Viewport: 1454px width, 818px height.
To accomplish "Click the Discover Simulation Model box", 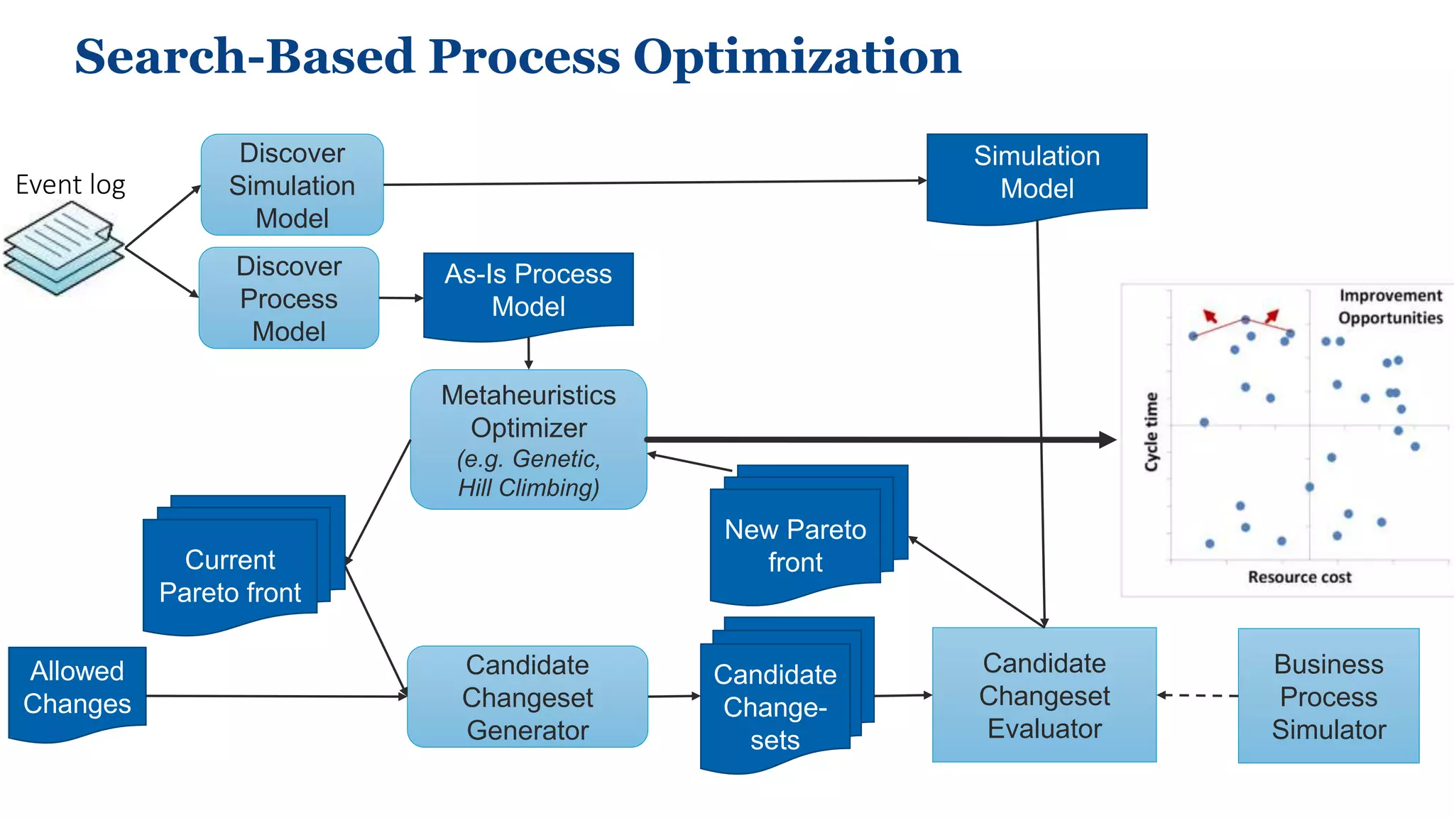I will point(292,185).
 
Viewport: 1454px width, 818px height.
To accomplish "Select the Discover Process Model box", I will point(288,298).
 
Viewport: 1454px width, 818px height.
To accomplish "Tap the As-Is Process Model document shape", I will point(528,291).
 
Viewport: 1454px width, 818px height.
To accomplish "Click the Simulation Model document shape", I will point(1037,173).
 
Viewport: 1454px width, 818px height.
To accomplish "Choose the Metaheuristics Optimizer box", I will point(528,440).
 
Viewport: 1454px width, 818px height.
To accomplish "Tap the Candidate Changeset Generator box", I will point(528,697).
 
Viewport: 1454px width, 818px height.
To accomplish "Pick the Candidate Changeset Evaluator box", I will point(1044,695).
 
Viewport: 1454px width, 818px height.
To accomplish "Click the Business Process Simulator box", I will point(1328,696).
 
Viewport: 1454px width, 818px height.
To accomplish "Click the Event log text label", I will point(70,185).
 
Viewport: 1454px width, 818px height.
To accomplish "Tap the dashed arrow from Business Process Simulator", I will point(1198,695).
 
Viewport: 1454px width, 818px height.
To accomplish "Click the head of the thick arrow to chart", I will point(1108,440).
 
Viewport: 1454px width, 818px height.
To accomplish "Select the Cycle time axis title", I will point(1151,432).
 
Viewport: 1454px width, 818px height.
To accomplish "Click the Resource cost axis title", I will point(1299,577).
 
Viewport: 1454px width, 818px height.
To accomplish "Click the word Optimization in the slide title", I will point(797,56).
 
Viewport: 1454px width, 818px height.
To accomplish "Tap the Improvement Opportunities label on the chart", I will point(1390,307).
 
